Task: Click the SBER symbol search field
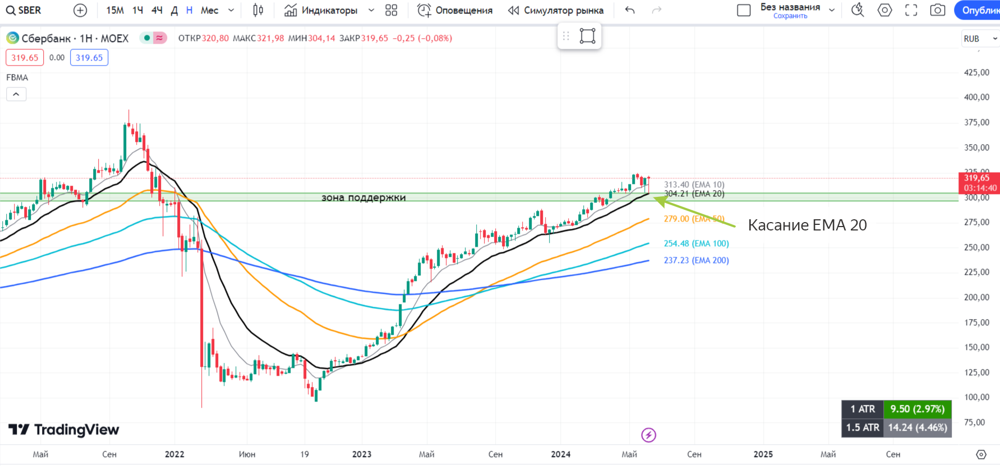(24, 10)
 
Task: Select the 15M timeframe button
(115, 10)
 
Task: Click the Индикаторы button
(321, 10)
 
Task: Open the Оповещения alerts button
(455, 10)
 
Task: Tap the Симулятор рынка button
(556, 10)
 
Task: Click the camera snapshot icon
(937, 10)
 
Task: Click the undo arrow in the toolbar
(630, 10)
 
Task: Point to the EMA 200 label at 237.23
(696, 260)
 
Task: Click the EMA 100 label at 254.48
(696, 243)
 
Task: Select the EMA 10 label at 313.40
(694, 184)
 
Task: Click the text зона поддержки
(363, 197)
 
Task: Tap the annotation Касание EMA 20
(807, 225)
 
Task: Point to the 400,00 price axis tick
(976, 97)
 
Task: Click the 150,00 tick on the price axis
(976, 347)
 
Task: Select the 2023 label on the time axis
(362, 454)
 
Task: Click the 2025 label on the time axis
(763, 454)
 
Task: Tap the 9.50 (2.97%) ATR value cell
(917, 409)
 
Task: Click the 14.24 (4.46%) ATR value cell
(917, 427)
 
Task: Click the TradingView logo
(64, 430)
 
